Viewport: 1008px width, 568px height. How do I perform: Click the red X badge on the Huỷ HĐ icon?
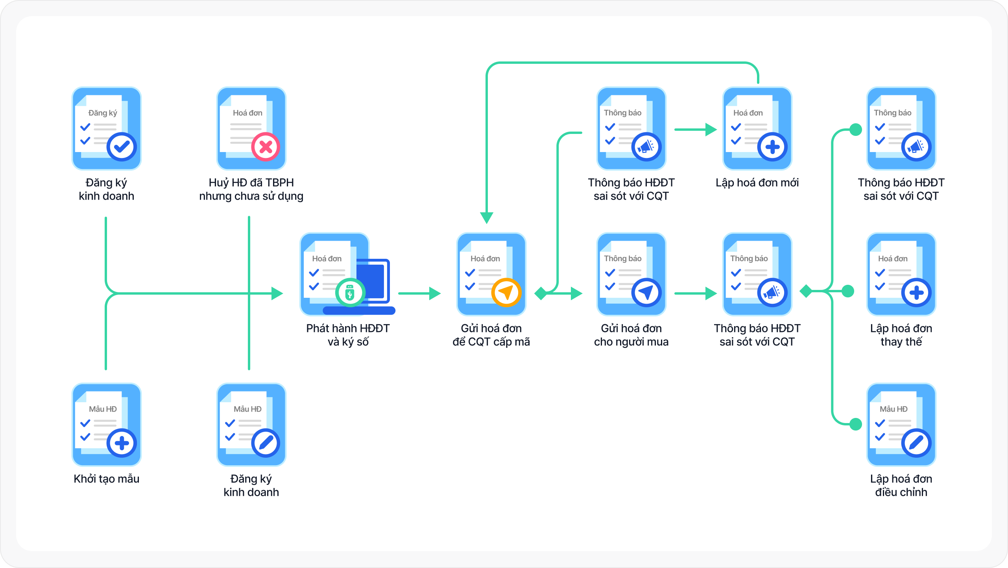coord(266,147)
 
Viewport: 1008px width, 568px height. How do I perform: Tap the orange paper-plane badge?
coord(506,293)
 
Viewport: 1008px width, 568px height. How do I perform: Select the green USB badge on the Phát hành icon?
coord(350,293)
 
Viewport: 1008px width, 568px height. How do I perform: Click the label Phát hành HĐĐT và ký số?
coord(348,335)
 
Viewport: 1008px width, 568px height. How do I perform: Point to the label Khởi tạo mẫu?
coord(107,479)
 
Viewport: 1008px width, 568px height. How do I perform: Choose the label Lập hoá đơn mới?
coord(757,183)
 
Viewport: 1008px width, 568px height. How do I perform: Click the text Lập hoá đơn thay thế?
coord(901,335)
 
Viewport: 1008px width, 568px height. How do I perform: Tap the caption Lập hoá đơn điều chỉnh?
coord(901,485)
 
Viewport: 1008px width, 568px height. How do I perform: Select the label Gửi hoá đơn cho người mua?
coord(631,335)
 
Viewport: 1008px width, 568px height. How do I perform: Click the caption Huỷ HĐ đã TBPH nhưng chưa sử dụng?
coord(251,189)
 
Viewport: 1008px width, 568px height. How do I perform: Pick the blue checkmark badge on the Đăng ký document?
coord(122,147)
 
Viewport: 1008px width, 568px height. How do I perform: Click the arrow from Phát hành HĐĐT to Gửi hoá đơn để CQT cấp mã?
coord(419,293)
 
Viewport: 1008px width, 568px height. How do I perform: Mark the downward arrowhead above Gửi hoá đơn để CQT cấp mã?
coord(487,217)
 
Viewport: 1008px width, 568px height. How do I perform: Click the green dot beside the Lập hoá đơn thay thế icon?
coord(847,291)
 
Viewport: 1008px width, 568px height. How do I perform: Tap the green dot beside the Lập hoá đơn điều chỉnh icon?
coord(856,424)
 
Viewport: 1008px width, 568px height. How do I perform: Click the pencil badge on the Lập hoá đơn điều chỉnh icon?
coord(916,443)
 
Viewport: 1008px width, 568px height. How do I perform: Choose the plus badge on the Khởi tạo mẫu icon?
coord(122,443)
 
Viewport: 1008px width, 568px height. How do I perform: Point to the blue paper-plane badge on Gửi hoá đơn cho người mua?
coord(646,293)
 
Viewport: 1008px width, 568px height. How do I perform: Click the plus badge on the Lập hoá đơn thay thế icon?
coord(916,293)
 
